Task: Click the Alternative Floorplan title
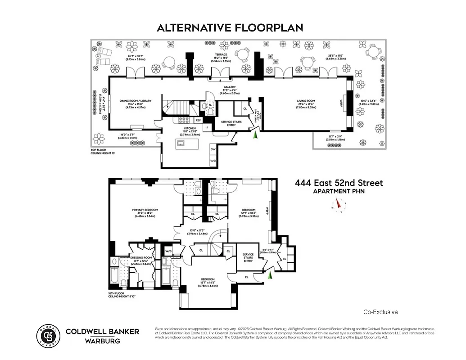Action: click(230, 28)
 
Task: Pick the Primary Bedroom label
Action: click(145, 210)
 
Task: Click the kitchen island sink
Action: click(181, 144)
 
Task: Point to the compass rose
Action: click(338, 205)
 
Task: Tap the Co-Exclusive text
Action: click(380, 312)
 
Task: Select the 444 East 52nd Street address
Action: click(339, 183)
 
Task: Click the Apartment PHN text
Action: click(339, 192)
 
